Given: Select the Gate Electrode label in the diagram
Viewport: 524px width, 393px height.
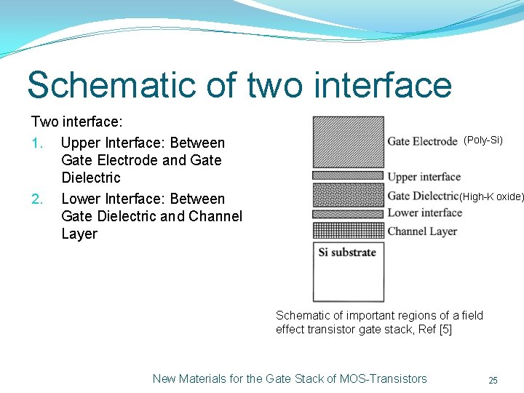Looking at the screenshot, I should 422,141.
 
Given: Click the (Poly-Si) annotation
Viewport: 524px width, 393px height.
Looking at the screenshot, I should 483,140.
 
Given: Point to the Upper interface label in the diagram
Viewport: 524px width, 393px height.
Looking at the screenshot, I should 424,177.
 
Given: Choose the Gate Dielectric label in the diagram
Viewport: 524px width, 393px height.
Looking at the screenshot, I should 423,196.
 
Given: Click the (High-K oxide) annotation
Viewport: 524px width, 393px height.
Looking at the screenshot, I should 491,196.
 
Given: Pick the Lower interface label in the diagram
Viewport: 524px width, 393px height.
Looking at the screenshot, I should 424,213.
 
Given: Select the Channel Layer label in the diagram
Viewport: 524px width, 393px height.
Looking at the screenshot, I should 422,231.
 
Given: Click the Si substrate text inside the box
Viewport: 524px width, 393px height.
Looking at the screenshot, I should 347,253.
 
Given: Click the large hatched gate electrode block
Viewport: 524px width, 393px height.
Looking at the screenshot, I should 348,142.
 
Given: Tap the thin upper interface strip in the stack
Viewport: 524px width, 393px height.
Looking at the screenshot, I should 348,175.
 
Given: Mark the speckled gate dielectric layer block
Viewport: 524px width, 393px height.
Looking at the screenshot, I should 348,194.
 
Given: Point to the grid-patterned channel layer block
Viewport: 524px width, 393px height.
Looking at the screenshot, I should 348,230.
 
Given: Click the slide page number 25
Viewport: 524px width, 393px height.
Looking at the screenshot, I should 493,380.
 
